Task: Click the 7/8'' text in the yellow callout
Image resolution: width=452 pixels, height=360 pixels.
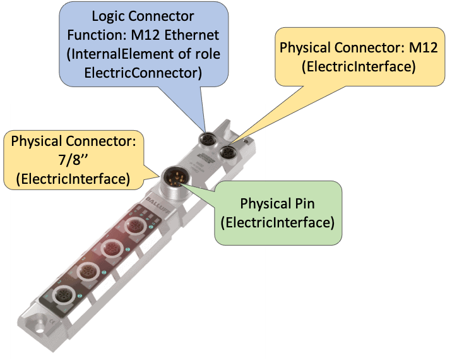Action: (73, 159)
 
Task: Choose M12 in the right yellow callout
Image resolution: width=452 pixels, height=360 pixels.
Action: (417, 47)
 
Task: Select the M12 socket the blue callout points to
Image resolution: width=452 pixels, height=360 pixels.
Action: (207, 139)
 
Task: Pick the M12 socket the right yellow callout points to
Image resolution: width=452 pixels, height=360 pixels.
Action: (227, 152)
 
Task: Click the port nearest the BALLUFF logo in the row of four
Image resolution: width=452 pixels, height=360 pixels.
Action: (135, 225)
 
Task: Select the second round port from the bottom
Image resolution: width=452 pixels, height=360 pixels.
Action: (86, 272)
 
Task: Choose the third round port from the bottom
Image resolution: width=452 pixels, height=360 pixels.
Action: (110, 248)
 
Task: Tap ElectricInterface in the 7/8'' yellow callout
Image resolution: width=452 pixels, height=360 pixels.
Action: (73, 179)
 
